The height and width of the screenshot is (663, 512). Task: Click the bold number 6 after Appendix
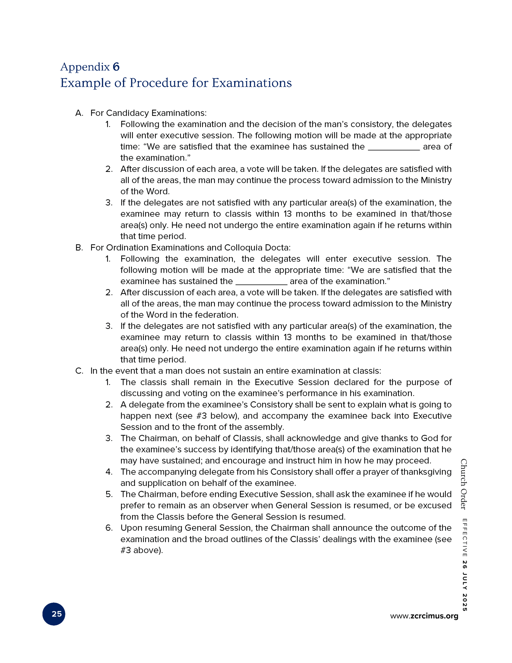[116, 67]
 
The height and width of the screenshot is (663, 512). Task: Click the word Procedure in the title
[159, 83]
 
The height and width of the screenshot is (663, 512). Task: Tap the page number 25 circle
[54, 614]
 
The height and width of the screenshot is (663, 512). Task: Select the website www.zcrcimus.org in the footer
[424, 616]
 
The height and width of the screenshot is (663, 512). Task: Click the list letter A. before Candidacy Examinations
[79, 113]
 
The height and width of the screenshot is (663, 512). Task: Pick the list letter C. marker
[79, 371]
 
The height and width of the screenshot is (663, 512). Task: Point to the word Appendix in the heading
[85, 67]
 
